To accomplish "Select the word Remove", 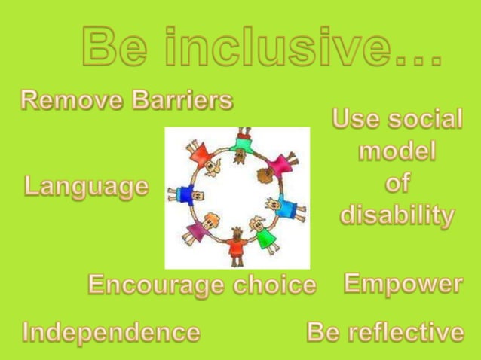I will [63, 99].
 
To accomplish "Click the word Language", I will [86, 186].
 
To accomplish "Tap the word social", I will [426, 119].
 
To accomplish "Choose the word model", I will [397, 151].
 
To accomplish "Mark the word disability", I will [397, 215].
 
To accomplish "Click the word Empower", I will [403, 283].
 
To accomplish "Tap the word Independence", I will [112, 331].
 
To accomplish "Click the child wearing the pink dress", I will [281, 163].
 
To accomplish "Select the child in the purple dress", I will [198, 229].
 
